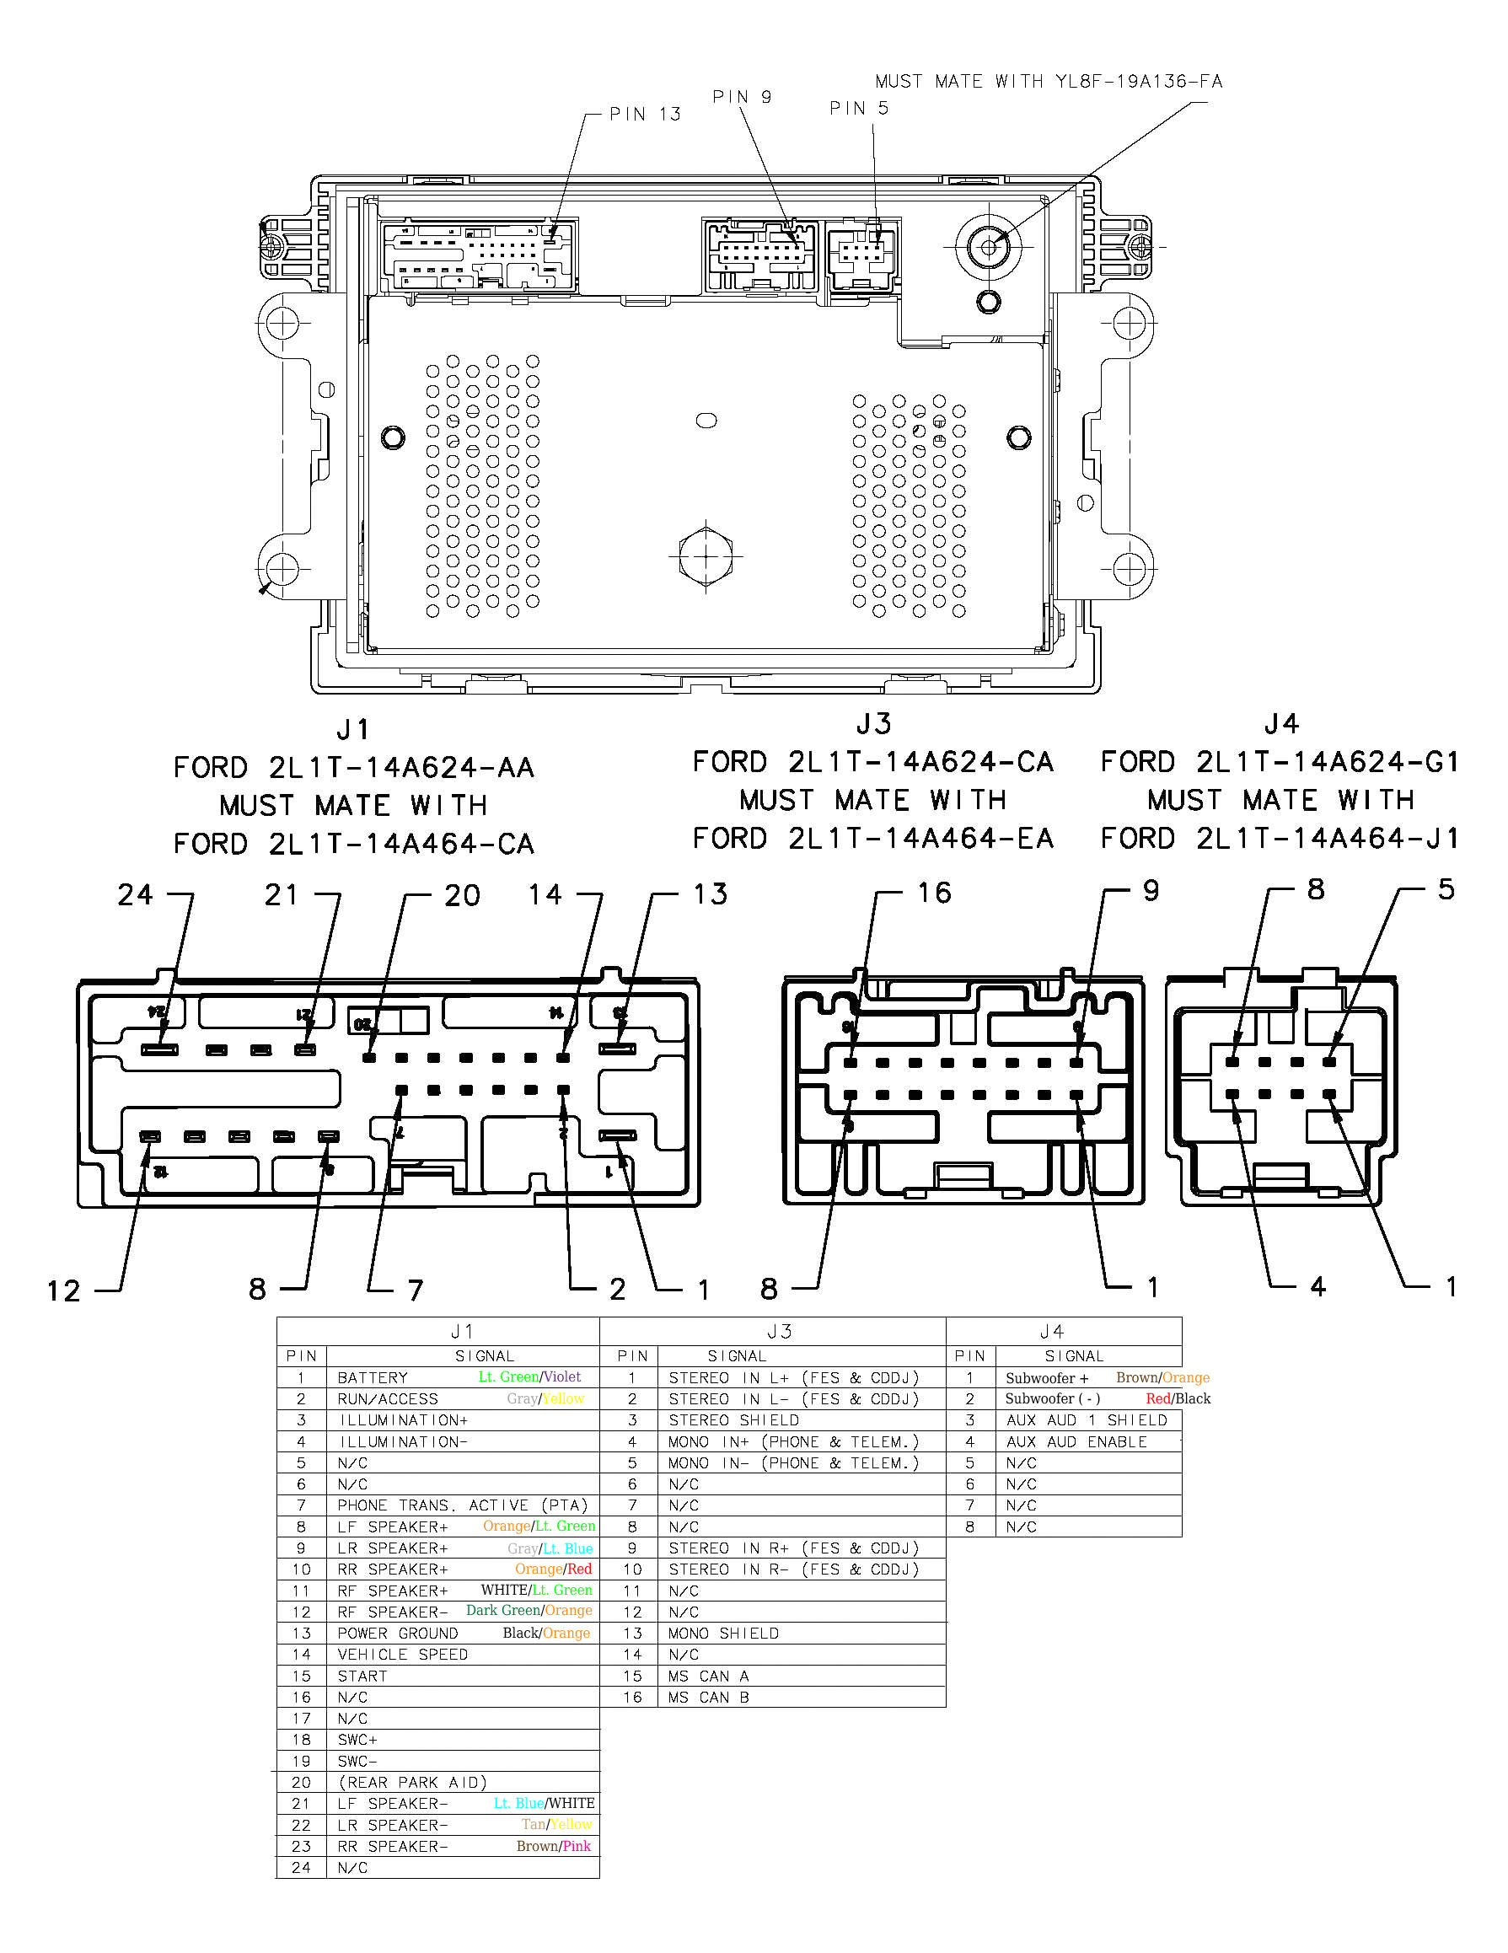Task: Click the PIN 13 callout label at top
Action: point(645,115)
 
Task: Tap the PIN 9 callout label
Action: point(742,97)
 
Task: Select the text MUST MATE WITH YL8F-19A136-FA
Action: point(1049,82)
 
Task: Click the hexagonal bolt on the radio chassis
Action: point(706,556)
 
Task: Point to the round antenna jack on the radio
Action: point(989,247)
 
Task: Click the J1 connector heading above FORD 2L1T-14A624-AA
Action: point(353,730)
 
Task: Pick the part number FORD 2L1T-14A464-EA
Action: point(873,839)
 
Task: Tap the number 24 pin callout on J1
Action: point(135,895)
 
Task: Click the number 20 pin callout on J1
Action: point(462,896)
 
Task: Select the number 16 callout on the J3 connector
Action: point(934,893)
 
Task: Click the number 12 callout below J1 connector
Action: point(63,1291)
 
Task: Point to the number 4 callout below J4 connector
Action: point(1317,1287)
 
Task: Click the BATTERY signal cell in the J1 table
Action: point(372,1378)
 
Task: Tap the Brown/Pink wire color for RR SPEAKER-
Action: point(553,1846)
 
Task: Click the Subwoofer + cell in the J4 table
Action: point(1046,1378)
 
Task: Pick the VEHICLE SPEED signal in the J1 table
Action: point(402,1655)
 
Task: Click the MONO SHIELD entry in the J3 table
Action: point(722,1633)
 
